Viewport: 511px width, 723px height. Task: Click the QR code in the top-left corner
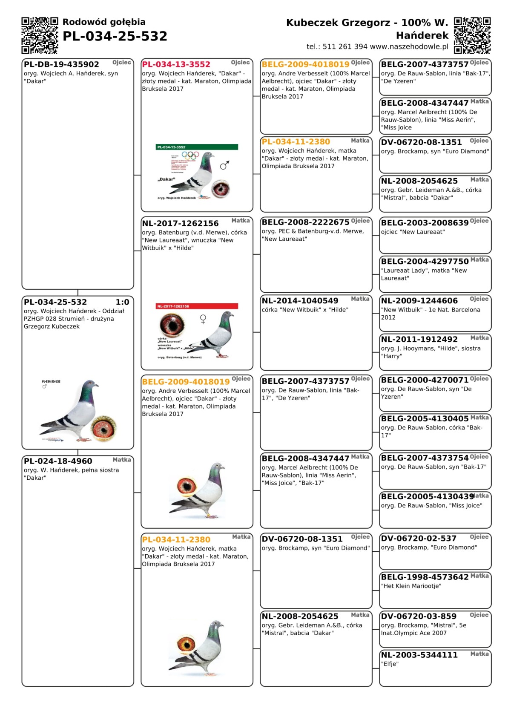40,35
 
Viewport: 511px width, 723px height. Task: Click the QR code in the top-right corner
472,35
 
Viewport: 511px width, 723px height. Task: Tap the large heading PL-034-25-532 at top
115,37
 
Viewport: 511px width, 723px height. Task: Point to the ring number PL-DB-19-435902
61,64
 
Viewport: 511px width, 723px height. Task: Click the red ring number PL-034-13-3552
176,64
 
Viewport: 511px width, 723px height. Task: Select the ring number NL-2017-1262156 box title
180,223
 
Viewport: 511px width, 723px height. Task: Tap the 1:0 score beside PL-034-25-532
122,302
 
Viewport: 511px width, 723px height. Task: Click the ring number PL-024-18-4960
58,461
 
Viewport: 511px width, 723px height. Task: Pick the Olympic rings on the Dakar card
190,156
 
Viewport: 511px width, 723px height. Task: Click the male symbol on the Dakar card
225,165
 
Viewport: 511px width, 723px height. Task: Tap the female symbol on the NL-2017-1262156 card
203,319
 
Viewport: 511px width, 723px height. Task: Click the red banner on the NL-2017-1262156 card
197,306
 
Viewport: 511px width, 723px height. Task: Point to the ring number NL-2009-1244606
419,301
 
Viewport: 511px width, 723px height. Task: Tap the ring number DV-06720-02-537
419,539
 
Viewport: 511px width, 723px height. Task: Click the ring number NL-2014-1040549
300,301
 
